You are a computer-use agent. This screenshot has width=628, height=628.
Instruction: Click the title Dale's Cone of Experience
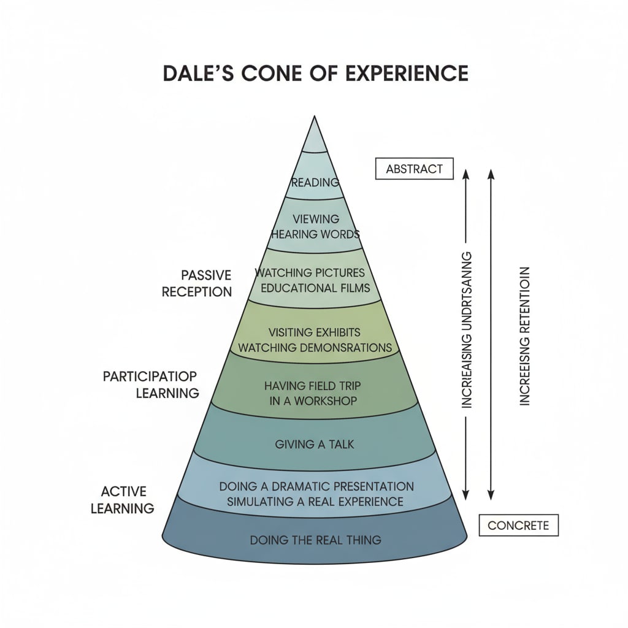coord(315,72)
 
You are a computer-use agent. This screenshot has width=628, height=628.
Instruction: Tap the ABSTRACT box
coord(413,169)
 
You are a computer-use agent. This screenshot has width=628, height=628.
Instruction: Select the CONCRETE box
coord(518,526)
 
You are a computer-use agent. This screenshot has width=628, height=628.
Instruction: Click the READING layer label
coord(315,182)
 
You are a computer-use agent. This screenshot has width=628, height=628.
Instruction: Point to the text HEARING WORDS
coord(315,234)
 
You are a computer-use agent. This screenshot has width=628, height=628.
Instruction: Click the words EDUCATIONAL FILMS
coord(315,287)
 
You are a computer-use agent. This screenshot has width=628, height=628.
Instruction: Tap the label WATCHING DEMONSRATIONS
coord(315,348)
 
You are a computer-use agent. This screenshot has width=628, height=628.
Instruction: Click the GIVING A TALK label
coord(315,443)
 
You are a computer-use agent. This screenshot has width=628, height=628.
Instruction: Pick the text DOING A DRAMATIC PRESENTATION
coord(316,486)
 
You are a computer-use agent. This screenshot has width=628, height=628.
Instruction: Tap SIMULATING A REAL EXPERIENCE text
coord(315,501)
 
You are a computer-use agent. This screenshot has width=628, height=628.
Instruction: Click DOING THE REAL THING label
coord(315,540)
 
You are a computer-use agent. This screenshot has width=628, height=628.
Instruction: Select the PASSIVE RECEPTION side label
coord(197,283)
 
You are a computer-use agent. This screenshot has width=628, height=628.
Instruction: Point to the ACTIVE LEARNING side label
coord(123,500)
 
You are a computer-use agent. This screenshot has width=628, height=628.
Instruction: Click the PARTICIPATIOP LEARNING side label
coord(151,385)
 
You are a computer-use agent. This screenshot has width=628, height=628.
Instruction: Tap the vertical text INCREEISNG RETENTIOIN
coord(524,336)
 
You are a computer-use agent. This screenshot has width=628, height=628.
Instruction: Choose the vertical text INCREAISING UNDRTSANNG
coord(467,329)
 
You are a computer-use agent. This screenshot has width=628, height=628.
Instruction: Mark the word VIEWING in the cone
coord(316,219)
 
